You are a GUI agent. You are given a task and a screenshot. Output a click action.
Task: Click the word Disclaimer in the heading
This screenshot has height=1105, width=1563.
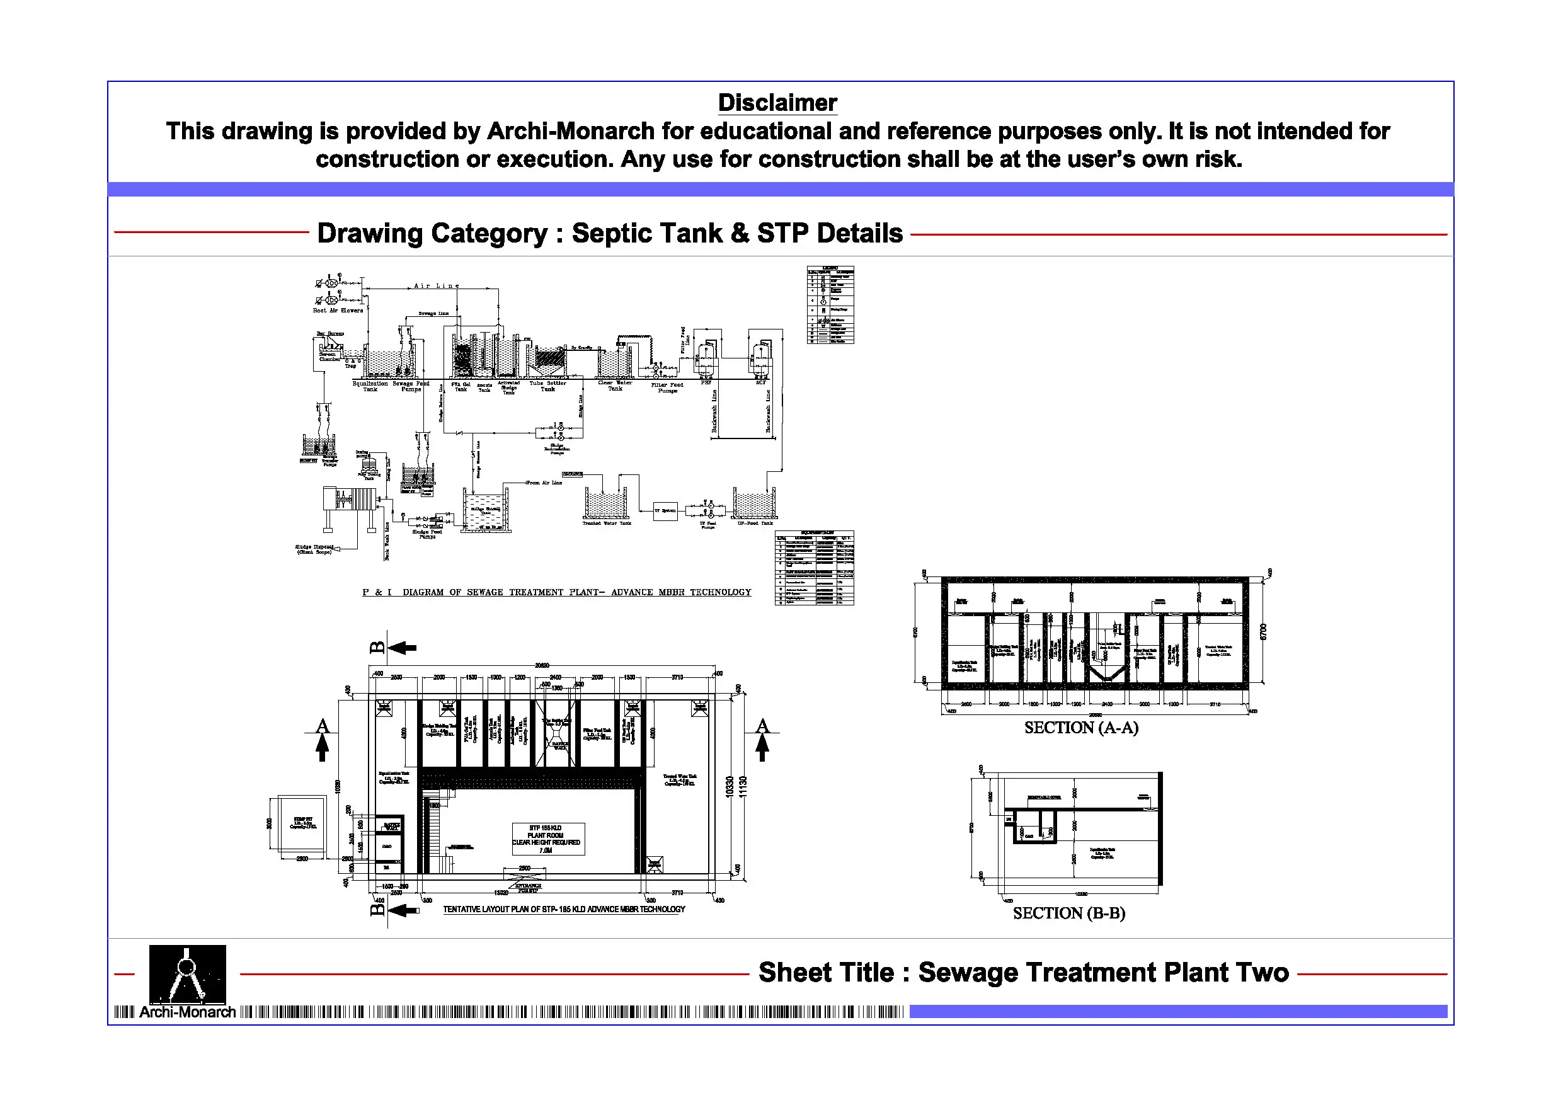[777, 103]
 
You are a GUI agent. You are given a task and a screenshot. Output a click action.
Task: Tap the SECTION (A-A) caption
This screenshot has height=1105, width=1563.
[1080, 728]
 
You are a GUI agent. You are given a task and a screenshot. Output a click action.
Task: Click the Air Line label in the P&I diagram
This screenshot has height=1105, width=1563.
[437, 286]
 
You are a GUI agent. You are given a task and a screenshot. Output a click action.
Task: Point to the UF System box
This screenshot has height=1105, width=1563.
[665, 511]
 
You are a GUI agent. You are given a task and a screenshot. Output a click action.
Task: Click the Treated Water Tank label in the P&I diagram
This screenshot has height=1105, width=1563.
[607, 524]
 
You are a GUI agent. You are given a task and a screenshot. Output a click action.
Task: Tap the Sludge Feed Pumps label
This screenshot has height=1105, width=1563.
[427, 534]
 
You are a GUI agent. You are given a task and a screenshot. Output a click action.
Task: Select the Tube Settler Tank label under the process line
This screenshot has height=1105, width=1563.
[547, 386]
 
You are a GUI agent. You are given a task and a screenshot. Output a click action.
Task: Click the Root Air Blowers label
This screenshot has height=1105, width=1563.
[338, 311]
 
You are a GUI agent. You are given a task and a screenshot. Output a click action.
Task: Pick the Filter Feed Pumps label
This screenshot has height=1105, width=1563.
[667, 387]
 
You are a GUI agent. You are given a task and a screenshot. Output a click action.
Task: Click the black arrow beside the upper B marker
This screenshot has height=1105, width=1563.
[403, 648]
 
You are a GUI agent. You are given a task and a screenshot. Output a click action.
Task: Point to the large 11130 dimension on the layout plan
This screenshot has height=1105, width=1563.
[743, 787]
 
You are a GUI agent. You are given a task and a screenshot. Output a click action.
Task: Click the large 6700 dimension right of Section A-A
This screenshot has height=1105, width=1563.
[1264, 631]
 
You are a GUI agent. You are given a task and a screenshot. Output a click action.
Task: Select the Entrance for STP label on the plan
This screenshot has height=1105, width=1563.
[529, 888]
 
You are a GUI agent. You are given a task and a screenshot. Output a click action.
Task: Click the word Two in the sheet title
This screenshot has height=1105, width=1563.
[1267, 972]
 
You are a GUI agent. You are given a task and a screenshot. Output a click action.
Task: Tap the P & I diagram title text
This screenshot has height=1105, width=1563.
[556, 592]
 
